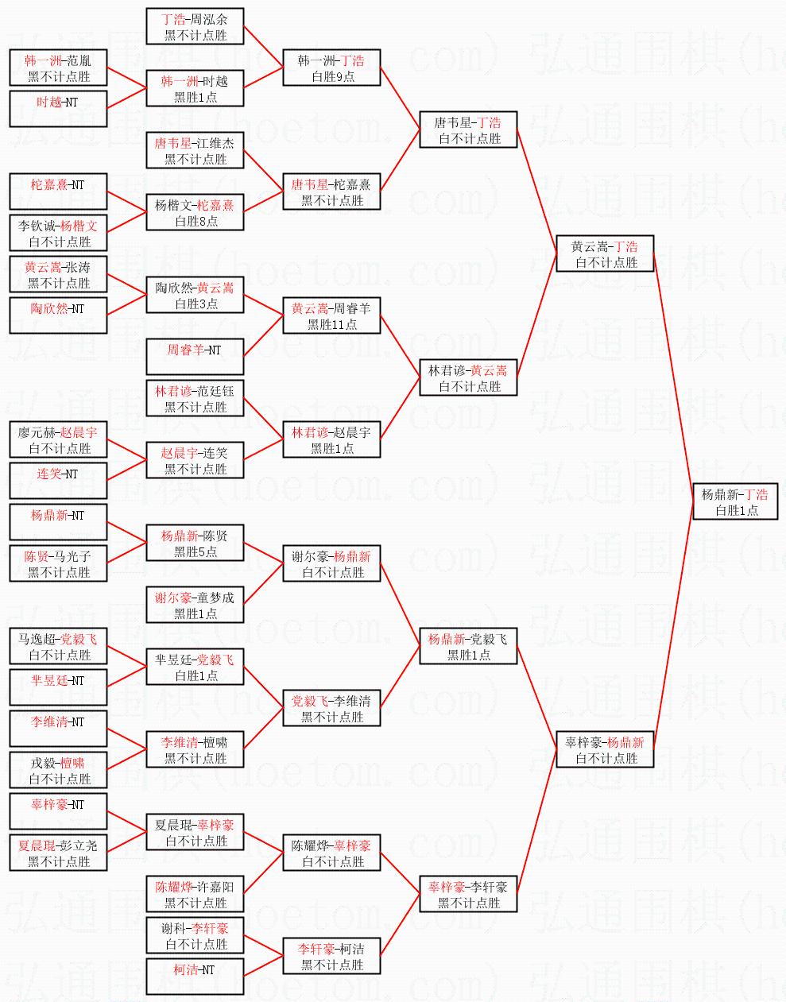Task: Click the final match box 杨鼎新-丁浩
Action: click(x=734, y=501)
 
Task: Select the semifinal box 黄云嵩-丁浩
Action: click(x=605, y=253)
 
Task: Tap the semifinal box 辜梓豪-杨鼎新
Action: click(x=605, y=749)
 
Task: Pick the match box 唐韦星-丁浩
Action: click(x=468, y=130)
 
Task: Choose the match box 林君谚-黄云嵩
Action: click(x=468, y=377)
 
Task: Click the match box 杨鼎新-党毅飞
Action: click(x=468, y=646)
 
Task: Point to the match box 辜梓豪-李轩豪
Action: click(x=468, y=894)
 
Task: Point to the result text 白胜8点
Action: click(x=196, y=222)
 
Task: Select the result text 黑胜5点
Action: click(x=196, y=552)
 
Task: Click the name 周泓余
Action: click(x=210, y=19)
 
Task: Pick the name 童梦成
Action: click(x=216, y=598)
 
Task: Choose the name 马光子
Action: click(x=73, y=556)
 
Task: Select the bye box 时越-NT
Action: click(x=59, y=109)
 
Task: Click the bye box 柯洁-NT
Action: click(x=196, y=977)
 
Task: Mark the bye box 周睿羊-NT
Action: click(x=196, y=357)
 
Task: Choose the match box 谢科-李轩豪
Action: click(x=196, y=935)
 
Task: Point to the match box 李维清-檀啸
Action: click(x=196, y=749)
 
